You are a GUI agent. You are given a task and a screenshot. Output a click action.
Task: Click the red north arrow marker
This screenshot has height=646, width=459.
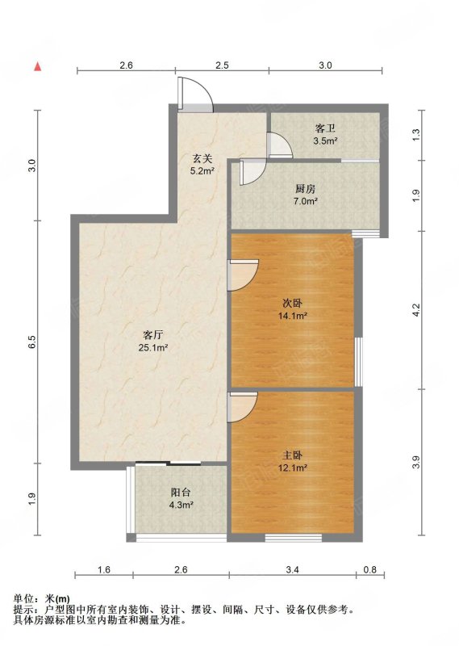(x=37, y=66)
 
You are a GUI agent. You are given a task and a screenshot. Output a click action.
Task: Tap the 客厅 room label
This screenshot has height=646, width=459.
(x=152, y=334)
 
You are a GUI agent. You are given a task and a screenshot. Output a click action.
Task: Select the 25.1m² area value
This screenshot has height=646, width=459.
(x=153, y=347)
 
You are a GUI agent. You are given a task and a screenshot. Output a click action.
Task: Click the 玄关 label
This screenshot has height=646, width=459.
(x=202, y=157)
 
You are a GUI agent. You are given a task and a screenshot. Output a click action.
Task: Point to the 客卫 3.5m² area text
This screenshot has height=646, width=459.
(x=325, y=141)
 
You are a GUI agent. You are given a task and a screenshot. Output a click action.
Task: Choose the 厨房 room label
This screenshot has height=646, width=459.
(x=306, y=189)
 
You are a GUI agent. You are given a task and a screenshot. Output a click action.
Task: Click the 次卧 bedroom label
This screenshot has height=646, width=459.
(x=292, y=304)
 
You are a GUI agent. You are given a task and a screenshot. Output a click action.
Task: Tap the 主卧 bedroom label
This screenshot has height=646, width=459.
(x=293, y=455)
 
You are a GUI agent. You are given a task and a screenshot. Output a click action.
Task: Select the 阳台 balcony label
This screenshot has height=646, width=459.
(x=181, y=492)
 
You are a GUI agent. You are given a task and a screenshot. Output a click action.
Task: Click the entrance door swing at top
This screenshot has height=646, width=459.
(x=195, y=94)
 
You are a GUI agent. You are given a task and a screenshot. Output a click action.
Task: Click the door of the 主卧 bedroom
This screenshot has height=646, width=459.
(x=243, y=407)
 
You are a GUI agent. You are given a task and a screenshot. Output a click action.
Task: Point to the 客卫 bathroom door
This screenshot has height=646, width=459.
(x=280, y=145)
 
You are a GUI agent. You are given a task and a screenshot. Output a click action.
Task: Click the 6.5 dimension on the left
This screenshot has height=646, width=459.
(x=33, y=342)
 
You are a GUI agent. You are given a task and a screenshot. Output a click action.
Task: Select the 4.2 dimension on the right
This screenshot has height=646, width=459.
(x=416, y=310)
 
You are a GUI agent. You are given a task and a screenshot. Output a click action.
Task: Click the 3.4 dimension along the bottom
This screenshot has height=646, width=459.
(x=292, y=570)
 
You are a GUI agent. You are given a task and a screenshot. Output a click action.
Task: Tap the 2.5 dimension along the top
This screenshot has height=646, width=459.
(x=222, y=65)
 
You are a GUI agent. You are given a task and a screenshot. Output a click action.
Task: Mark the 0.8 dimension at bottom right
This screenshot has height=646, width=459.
(x=370, y=570)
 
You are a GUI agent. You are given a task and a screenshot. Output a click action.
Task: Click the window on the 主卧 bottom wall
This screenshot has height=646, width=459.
(x=293, y=537)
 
